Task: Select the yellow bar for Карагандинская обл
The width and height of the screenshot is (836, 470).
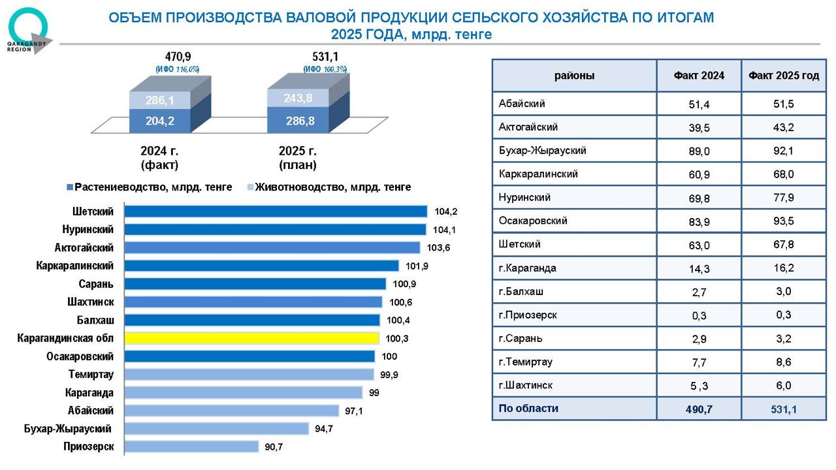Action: pos(251,338)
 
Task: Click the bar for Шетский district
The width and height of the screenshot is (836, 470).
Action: pos(276,211)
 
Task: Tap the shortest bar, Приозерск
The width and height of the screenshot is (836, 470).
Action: pos(191,446)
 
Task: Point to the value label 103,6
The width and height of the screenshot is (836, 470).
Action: pos(438,247)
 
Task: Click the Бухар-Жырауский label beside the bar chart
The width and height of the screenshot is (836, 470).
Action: pos(67,429)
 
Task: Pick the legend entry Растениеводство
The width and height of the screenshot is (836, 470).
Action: pos(150,187)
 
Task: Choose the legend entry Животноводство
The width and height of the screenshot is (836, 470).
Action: pos(329,187)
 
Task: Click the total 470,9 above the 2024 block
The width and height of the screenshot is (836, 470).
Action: pos(178,57)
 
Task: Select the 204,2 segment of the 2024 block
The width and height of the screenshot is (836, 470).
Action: pos(160,121)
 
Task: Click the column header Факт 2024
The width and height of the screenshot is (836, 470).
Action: pos(699,76)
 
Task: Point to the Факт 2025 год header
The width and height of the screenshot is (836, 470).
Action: pos(783,76)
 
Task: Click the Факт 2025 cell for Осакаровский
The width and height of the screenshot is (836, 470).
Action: pos(783,221)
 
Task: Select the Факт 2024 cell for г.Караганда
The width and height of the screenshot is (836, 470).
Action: pos(699,268)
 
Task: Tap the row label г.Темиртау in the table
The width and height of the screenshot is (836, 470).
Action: pos(525,362)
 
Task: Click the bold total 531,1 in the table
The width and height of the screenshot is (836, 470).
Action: pos(783,409)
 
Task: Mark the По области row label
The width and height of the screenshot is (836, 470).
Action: pos(528,409)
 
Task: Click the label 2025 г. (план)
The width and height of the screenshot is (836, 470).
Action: pos(297,158)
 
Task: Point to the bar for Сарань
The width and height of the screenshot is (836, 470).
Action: pos(255,284)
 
